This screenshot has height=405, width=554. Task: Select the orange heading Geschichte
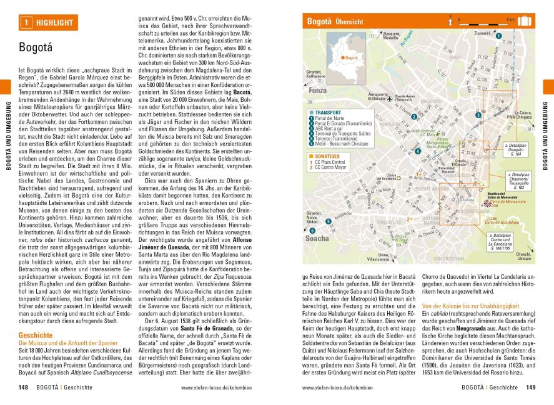36,336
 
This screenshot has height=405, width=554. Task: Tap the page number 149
530,387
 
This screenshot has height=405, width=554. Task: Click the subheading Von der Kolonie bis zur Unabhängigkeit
470,305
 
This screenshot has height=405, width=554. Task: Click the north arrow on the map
450,21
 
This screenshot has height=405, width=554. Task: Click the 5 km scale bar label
510,19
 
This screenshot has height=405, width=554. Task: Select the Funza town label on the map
318,90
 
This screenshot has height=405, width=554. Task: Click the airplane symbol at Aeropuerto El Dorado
389,98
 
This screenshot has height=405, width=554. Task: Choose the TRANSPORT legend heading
329,114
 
